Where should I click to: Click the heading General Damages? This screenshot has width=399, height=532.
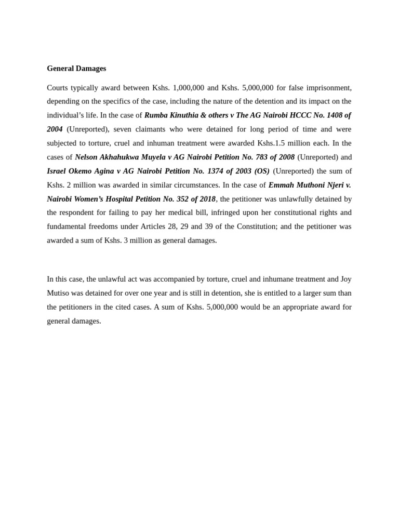tap(76, 68)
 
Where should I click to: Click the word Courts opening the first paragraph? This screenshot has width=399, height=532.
tap(57, 87)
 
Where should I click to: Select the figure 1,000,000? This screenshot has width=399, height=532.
tap(188, 87)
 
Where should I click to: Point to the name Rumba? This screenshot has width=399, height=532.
tap(156, 115)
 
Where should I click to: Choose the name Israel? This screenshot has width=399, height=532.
tap(57, 171)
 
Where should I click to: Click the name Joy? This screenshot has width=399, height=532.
tap(345, 279)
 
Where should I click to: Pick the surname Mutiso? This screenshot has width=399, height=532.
tap(59, 293)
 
